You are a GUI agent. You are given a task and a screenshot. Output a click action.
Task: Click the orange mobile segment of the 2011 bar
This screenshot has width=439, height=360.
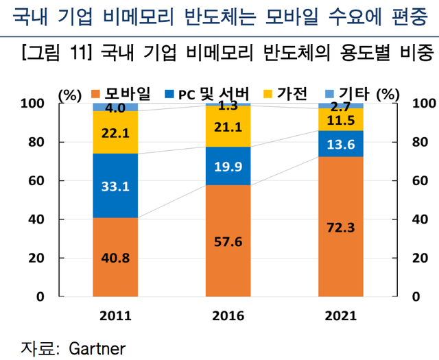pyautogui.click(x=115, y=257)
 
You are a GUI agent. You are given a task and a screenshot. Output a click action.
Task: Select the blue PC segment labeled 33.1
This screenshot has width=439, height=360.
pyautogui.click(x=115, y=185)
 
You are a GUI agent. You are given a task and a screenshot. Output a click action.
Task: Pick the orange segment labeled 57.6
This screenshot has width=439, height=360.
pyautogui.click(x=228, y=241)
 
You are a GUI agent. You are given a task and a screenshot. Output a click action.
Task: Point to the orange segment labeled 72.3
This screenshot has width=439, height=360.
pyautogui.click(x=341, y=226)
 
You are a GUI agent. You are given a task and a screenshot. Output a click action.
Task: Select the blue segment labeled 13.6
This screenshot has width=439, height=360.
pyautogui.click(x=341, y=144)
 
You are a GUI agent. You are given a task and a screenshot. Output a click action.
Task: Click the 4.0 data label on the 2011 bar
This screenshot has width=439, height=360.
pyautogui.click(x=115, y=107)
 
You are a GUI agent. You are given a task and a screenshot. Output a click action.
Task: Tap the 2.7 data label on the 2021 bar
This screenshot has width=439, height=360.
pyautogui.click(x=341, y=106)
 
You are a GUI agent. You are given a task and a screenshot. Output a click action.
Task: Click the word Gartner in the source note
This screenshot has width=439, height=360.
pyautogui.click(x=98, y=347)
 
